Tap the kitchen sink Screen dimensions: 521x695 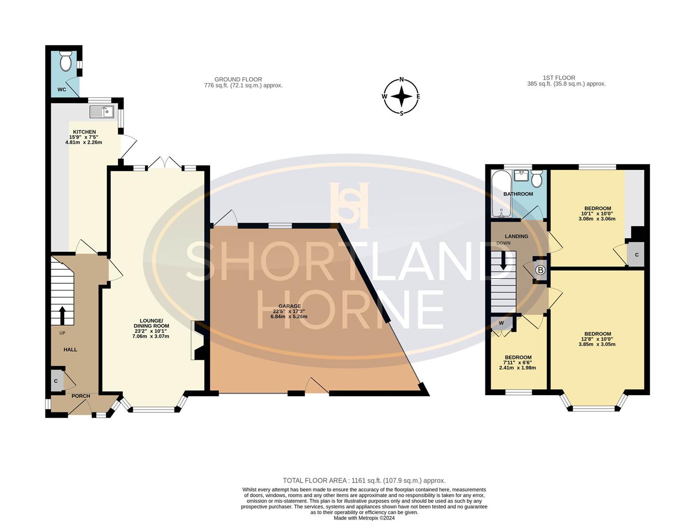tap(101, 111)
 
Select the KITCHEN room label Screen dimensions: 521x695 tap(84, 132)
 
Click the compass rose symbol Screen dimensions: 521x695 tap(401, 96)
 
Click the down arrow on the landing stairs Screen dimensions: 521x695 tap(503, 260)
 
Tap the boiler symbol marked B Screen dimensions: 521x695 tap(540, 270)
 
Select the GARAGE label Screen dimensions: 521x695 tap(289, 306)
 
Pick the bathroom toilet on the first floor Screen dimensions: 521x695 tap(536, 179)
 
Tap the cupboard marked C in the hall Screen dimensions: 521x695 tap(56, 381)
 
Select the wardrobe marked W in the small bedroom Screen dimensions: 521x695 tap(501, 323)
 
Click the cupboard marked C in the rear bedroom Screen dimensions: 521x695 tap(636, 255)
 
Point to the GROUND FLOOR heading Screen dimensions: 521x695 tap(238, 79)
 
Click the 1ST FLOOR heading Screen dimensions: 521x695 tap(559, 77)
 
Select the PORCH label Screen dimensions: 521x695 tap(81, 396)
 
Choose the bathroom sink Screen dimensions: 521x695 tap(521, 174)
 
